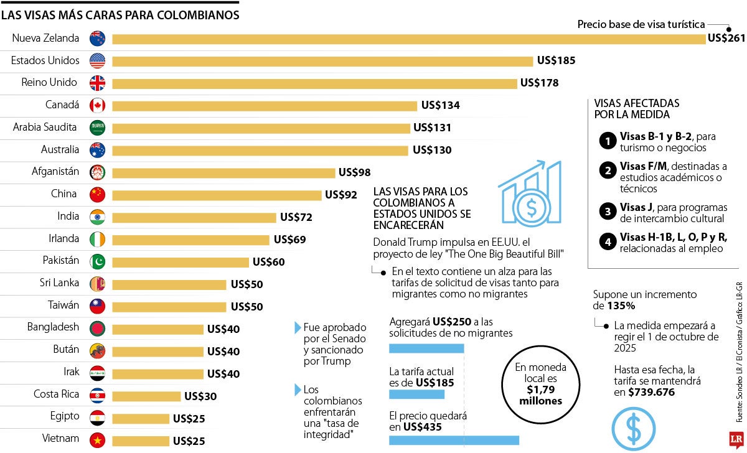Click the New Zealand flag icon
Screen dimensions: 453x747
[97, 39]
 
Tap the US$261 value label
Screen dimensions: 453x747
[726, 39]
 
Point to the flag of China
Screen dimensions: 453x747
[97, 195]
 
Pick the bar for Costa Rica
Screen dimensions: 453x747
[146, 396]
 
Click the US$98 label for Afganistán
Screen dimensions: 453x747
[354, 172]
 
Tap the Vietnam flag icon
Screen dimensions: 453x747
[97, 441]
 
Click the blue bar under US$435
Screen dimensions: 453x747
[454, 441]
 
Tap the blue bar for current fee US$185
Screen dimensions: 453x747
[416, 395]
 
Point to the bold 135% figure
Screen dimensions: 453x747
[622, 306]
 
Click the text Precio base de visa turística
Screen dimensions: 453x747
[641, 24]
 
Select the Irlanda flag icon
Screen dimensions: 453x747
[97, 240]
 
